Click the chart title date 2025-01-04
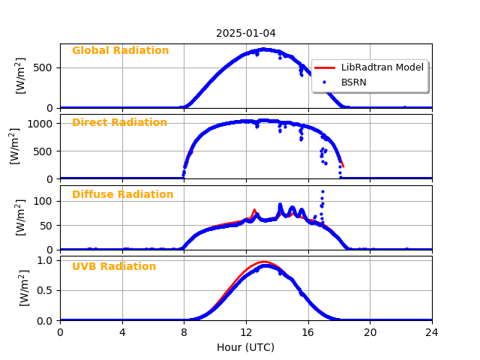point(246,33)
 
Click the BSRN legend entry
point(353,82)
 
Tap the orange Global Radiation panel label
point(120,51)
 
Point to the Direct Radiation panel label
point(119,123)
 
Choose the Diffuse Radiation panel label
point(122,195)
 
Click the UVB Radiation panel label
point(114,267)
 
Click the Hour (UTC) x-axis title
point(246,347)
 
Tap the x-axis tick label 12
point(246,333)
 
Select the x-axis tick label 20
point(370,333)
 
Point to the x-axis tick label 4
point(122,333)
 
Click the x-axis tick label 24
point(432,333)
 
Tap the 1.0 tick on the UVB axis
point(47,260)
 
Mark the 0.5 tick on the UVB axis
point(47,290)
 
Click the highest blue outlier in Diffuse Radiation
point(322,191)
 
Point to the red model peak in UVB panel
point(263,262)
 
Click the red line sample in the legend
point(325,67)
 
